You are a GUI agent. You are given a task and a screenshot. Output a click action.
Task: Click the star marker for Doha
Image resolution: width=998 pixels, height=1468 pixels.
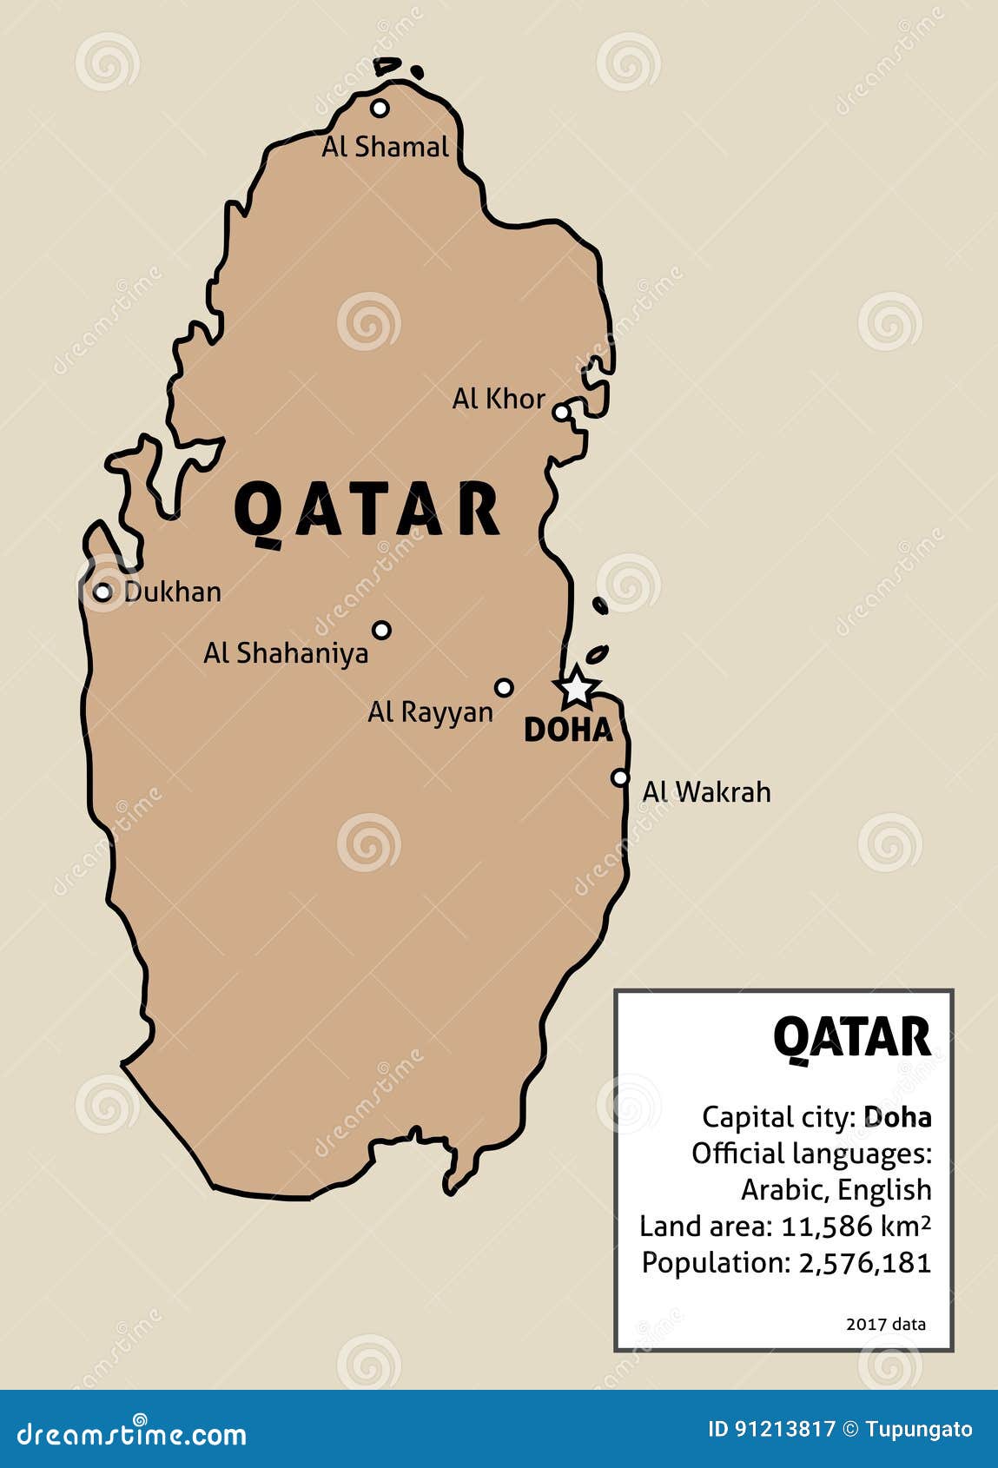click(576, 688)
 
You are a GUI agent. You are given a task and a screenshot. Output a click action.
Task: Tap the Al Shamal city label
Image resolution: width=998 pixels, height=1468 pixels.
click(385, 147)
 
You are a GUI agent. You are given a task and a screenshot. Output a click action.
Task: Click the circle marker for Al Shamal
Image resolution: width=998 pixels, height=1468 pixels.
click(380, 108)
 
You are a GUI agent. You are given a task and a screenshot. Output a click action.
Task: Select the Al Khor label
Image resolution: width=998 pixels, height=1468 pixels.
click(498, 399)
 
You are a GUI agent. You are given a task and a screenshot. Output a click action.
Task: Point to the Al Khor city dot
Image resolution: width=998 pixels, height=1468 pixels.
click(562, 412)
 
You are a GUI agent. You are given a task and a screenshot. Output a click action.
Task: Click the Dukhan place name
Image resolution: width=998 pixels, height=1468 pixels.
click(172, 592)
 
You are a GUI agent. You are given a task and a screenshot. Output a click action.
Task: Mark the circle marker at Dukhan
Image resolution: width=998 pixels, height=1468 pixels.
click(102, 592)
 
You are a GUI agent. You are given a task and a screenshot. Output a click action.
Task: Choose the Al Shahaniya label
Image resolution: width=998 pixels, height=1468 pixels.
click(286, 653)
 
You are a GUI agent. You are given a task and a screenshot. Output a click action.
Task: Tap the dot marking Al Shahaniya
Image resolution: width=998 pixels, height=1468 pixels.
click(381, 630)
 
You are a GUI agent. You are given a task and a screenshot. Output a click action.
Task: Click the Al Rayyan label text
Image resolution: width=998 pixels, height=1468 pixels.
click(430, 712)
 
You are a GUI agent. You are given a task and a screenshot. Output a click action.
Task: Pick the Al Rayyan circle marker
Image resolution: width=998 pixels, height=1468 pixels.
click(504, 688)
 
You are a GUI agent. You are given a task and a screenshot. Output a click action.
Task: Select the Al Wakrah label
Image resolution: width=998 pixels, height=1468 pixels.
click(706, 792)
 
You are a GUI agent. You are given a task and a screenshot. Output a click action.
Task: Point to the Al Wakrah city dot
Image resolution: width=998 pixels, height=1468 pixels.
click(619, 777)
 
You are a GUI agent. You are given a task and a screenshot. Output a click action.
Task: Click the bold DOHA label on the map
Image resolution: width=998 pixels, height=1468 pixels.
click(568, 731)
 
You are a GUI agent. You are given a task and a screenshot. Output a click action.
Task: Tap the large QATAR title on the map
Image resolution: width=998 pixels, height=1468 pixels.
click(367, 510)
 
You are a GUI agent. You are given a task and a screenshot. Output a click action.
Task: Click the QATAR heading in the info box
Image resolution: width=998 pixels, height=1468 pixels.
click(851, 1036)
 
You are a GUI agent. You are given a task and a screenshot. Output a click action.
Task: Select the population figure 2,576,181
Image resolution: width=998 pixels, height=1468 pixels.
click(864, 1263)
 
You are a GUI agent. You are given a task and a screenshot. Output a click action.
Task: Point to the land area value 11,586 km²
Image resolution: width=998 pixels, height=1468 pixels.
click(856, 1227)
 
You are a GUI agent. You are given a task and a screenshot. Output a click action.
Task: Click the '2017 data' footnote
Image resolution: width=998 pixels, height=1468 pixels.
click(885, 1324)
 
